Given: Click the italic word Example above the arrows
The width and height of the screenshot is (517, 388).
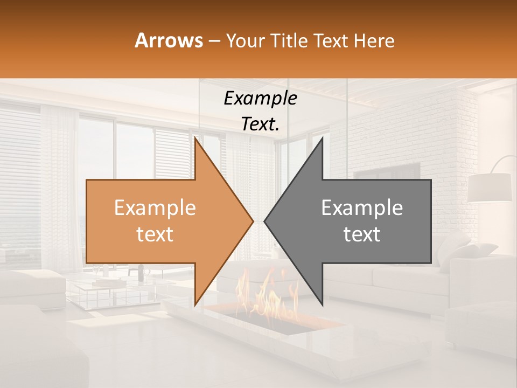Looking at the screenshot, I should tap(261, 99).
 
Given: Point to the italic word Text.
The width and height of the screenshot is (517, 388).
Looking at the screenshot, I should tap(261, 124).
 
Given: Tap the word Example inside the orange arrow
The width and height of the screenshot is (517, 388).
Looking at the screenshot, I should tap(155, 208).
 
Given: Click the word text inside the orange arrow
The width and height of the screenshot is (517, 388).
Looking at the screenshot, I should tap(155, 234).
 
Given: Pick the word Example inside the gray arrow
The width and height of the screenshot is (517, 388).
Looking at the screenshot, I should tap(362, 208).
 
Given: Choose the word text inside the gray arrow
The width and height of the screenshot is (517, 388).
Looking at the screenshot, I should tap(362, 234).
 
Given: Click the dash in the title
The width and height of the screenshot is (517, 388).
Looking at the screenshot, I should tap(213, 41).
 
